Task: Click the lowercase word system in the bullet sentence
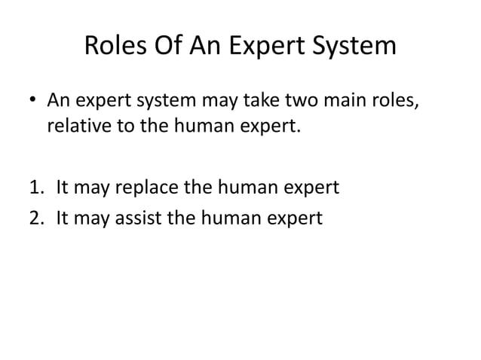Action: tap(166, 100)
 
